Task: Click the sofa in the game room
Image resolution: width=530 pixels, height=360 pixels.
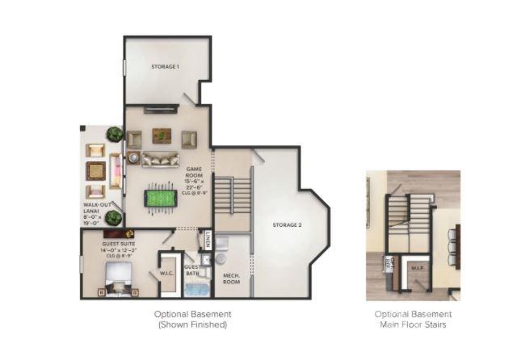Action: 161,158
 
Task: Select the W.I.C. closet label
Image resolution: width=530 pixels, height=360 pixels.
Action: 169,271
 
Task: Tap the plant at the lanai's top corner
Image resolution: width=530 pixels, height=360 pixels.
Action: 115,133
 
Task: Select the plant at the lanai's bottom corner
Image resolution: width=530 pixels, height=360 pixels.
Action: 113,217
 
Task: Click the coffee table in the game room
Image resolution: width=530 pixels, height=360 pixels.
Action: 162,135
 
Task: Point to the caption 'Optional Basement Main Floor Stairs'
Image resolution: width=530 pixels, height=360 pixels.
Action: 413,319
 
